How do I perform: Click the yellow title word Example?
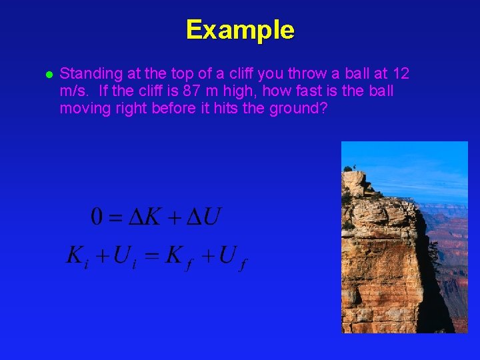click(x=240, y=30)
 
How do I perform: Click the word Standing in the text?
click(x=85, y=73)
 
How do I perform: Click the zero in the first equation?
click(x=97, y=217)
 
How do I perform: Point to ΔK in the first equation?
click(x=143, y=217)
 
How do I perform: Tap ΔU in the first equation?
click(x=203, y=217)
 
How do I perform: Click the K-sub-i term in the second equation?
click(x=77, y=256)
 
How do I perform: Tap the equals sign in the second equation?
click(x=151, y=255)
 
